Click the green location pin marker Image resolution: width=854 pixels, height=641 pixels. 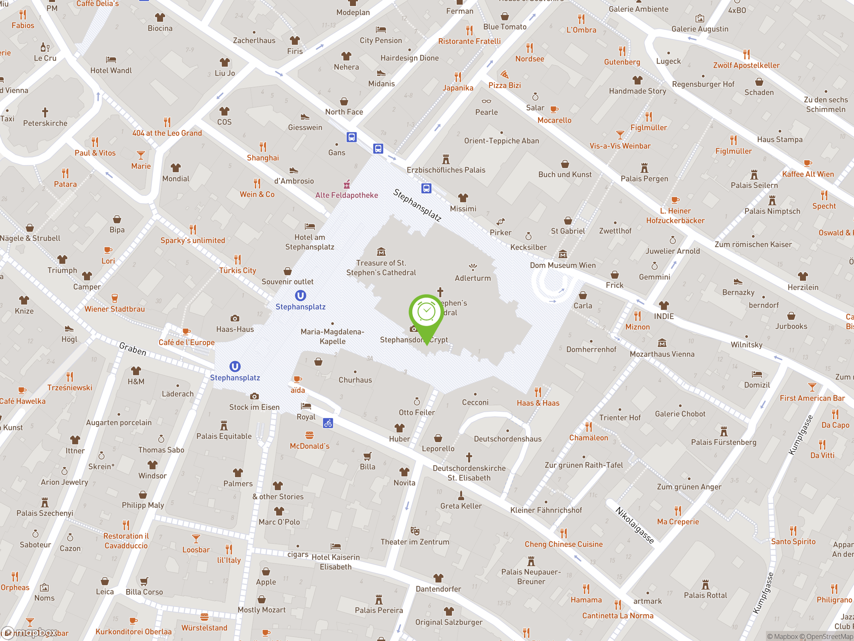click(426, 313)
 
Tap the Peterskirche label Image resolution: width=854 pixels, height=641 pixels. click(45, 123)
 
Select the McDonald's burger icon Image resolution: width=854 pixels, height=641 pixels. click(309, 435)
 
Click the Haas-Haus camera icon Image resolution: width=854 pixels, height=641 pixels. click(235, 318)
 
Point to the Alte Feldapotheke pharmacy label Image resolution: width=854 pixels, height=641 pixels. click(346, 195)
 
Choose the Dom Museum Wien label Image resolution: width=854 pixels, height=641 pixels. click(562, 265)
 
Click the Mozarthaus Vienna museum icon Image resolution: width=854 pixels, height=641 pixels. click(662, 343)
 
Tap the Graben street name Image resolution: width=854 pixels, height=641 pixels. click(132, 349)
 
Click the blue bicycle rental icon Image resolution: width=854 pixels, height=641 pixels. click(328, 423)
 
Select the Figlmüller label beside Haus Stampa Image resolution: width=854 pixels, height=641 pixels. click(733, 151)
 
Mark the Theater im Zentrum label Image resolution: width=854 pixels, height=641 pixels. click(415, 542)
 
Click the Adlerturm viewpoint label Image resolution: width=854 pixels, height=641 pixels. click(473, 278)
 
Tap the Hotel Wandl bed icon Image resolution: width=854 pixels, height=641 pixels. click(111, 60)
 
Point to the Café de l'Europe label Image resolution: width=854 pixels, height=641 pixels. click(186, 342)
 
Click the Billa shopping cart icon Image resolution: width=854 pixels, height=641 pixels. click(367, 456)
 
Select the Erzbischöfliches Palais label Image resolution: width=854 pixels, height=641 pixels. click(446, 170)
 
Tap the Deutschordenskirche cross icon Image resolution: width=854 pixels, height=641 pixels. click(469, 457)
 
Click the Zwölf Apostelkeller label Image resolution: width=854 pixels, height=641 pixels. click(746, 65)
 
